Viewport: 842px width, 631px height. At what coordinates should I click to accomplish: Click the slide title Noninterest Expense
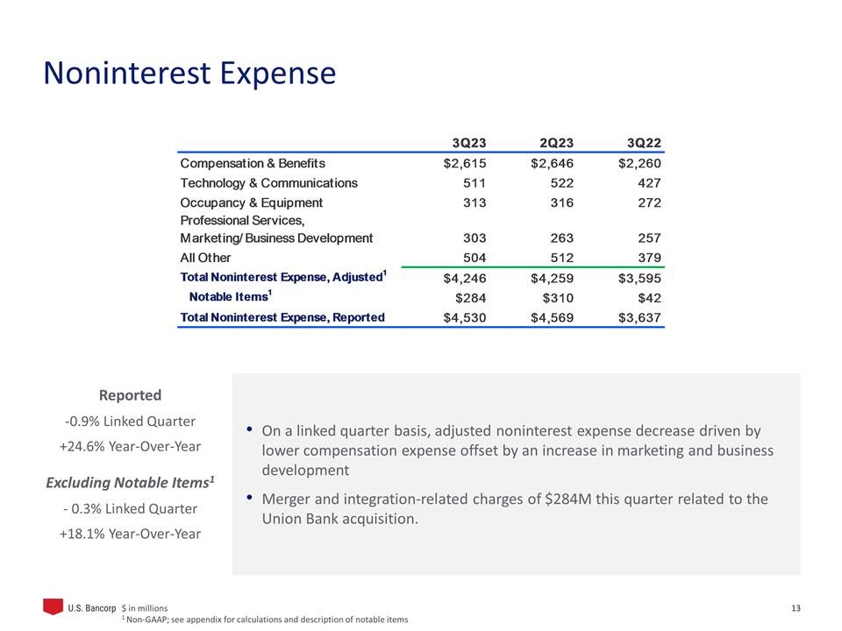189,73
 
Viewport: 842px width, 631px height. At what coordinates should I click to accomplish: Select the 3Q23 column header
468,143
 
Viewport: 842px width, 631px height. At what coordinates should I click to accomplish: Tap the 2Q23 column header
556,143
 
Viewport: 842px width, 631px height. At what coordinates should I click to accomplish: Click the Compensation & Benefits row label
253,164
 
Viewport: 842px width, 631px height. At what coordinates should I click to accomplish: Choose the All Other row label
205,258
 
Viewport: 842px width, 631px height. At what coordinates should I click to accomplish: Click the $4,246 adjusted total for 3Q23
465,278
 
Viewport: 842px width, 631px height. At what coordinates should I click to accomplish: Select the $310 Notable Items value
555,297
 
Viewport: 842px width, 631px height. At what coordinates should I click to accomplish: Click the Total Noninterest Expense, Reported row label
282,317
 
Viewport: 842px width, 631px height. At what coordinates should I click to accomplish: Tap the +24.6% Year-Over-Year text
130,446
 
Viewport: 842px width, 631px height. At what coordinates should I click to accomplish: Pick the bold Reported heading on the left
130,395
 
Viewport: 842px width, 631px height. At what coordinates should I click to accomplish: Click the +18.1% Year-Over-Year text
130,534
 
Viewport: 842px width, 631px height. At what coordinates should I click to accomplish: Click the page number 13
796,607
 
